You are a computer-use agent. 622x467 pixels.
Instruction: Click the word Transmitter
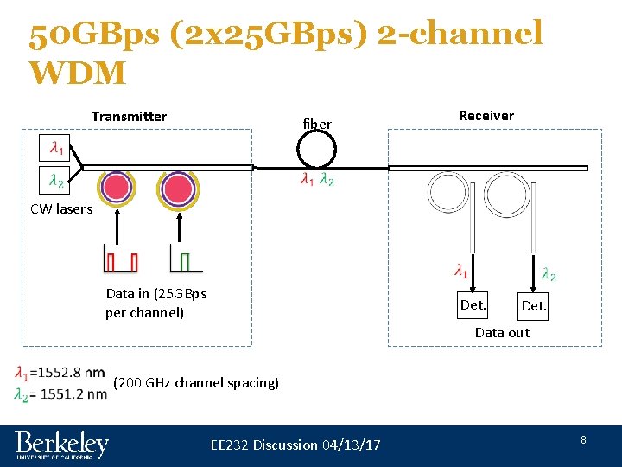pyautogui.click(x=129, y=117)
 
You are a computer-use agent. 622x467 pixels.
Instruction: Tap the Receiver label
pyautogui.click(x=486, y=116)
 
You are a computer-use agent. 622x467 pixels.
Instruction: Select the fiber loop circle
pyautogui.click(x=315, y=153)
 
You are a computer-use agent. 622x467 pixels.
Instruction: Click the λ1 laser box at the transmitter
pyautogui.click(x=55, y=149)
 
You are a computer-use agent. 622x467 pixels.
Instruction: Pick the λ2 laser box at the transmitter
pyautogui.click(x=55, y=182)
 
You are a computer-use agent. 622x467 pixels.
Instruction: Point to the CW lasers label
pyautogui.click(x=61, y=208)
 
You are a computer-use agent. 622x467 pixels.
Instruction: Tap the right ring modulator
pyautogui.click(x=178, y=188)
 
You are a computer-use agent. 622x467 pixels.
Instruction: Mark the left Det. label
pyautogui.click(x=473, y=304)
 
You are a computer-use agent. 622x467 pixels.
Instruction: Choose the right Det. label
pyautogui.click(x=532, y=307)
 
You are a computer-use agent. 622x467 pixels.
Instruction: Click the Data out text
pyautogui.click(x=502, y=333)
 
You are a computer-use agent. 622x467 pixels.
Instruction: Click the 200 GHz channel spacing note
pyautogui.click(x=196, y=382)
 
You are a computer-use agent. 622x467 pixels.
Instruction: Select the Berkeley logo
pyautogui.click(x=62, y=445)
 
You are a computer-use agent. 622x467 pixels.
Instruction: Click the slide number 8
pyautogui.click(x=583, y=440)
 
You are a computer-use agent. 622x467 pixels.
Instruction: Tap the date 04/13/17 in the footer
pyautogui.click(x=350, y=445)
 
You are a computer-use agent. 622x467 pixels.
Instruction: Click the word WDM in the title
pyautogui.click(x=77, y=72)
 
